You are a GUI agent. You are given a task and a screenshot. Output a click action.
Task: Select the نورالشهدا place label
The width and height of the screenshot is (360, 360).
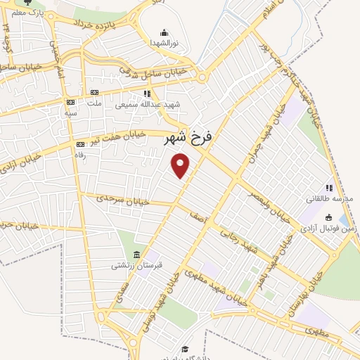pos(164,43)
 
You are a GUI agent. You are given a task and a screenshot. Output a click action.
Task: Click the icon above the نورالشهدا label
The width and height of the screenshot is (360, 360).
pos(164,32)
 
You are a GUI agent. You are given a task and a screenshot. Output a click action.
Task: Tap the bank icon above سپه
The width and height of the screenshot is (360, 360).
pos(70,103)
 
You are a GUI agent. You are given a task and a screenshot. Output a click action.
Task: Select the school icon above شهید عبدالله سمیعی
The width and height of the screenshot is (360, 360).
pos(146,93)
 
